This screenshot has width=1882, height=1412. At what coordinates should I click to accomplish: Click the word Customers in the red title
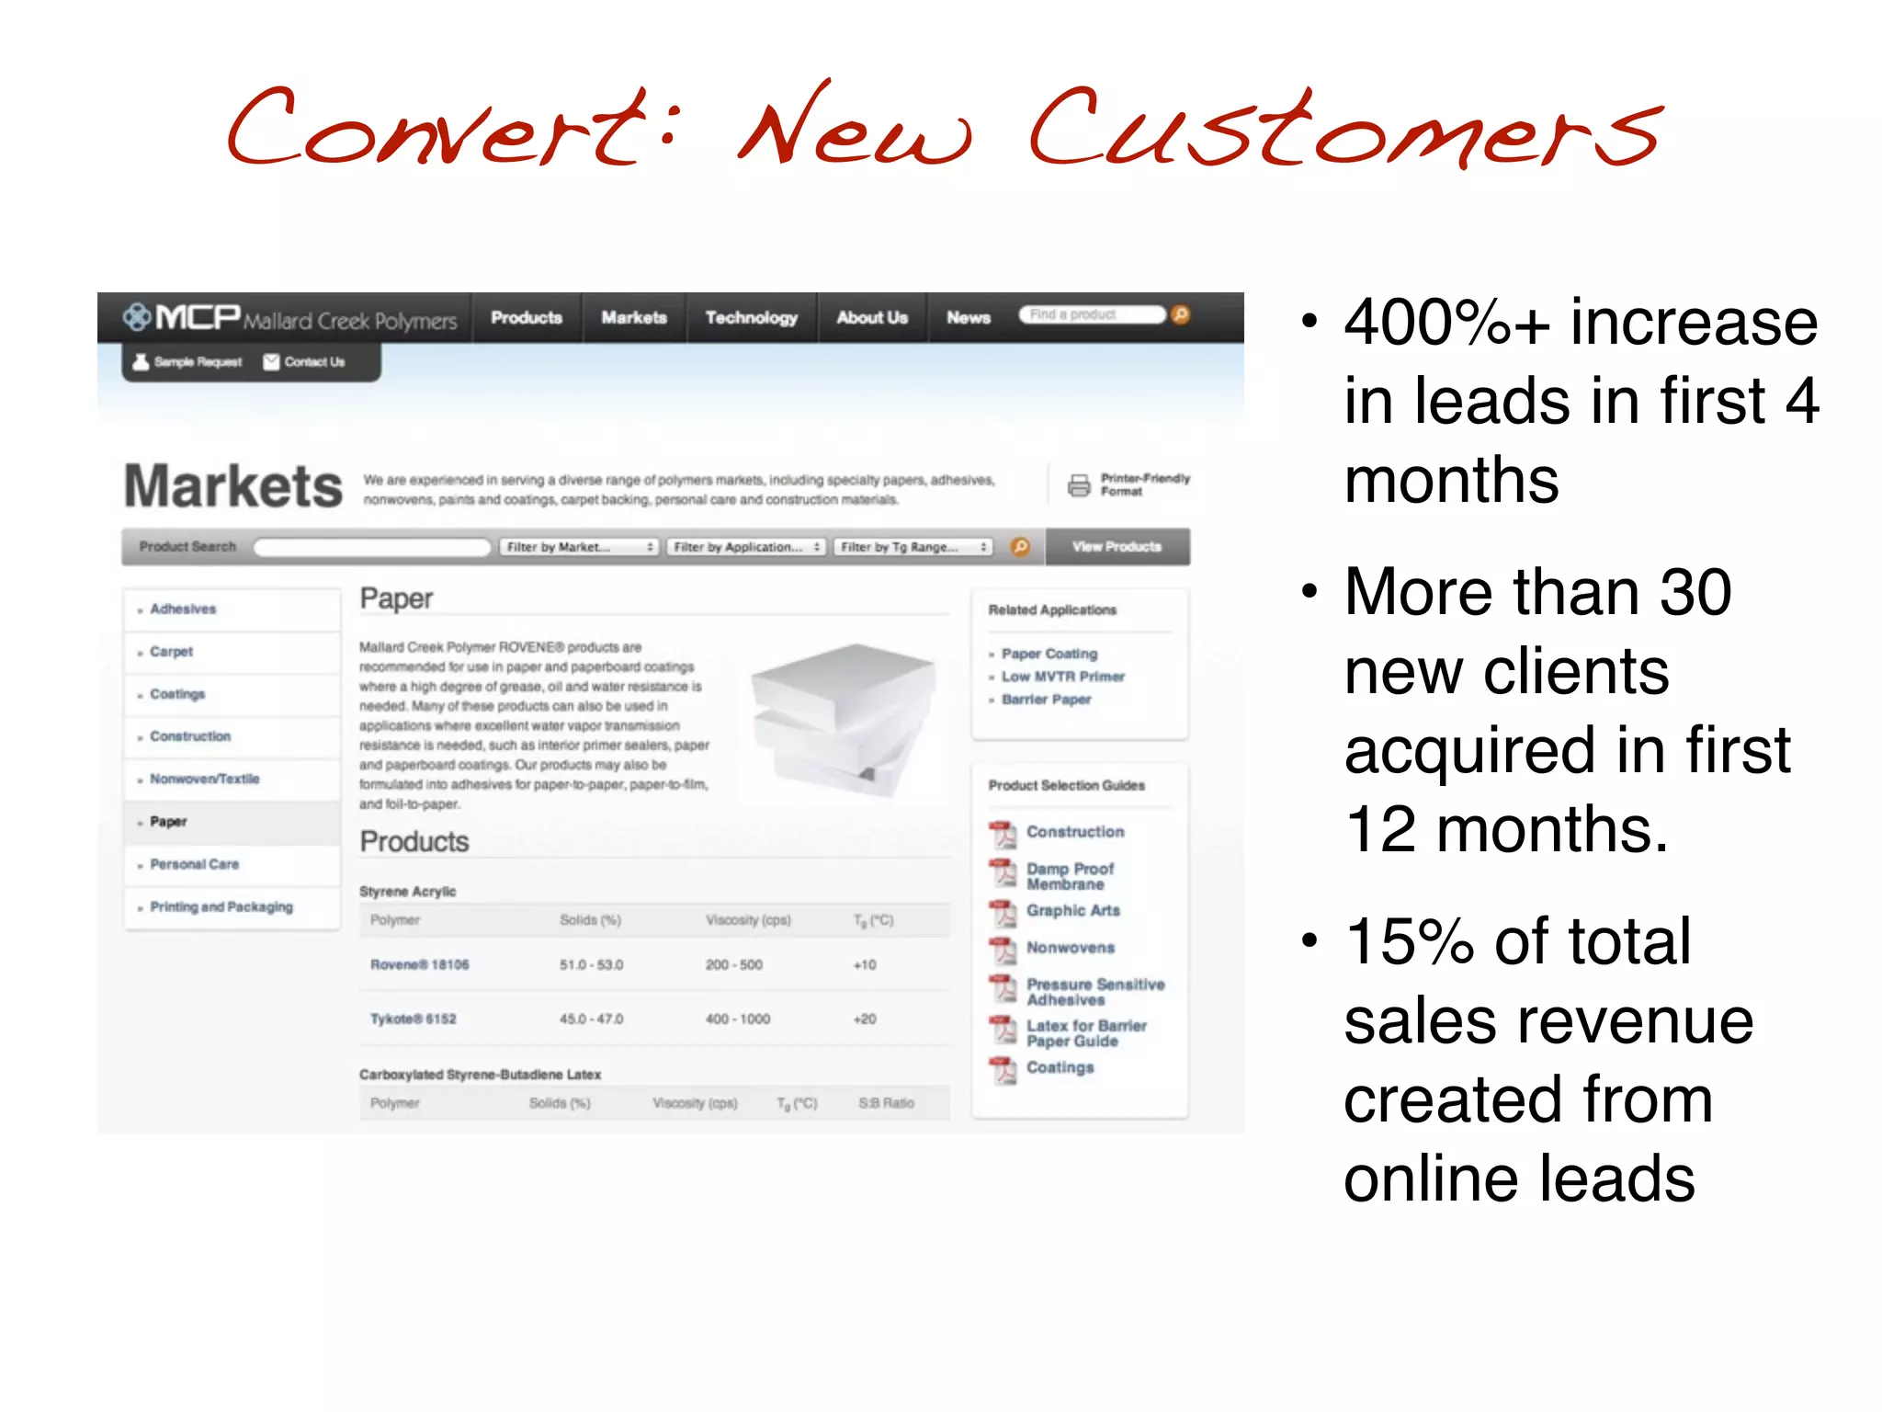[1346, 129]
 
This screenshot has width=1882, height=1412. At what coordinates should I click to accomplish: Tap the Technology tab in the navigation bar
[751, 318]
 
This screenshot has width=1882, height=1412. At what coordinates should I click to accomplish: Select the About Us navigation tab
[871, 318]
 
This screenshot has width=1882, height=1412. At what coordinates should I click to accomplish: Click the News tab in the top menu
[969, 318]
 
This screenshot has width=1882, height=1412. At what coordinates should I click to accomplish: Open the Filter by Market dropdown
[580, 547]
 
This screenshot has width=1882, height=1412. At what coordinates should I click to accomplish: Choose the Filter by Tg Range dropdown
[913, 547]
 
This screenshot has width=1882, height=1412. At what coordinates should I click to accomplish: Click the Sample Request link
[188, 362]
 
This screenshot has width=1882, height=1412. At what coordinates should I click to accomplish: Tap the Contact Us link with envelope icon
[305, 362]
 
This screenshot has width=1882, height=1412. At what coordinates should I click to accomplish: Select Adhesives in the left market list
[183, 609]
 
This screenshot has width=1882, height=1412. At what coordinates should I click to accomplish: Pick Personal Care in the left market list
[194, 864]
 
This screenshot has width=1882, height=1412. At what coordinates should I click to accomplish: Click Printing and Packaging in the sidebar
[221, 906]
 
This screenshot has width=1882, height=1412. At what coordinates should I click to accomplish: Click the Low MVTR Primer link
[1062, 677]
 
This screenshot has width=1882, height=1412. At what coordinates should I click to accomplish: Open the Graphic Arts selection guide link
[1072, 910]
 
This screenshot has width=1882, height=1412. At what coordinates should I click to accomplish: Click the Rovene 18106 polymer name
[419, 964]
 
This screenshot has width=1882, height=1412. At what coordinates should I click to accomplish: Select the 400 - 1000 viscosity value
[738, 1019]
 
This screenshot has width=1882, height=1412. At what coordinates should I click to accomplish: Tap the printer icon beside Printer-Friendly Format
[1079, 484]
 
